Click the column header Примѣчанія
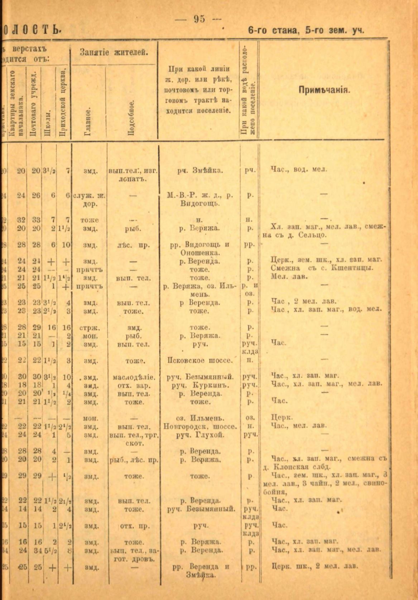pos(324,90)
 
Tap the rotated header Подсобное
pos(131,118)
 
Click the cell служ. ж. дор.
pos(90,199)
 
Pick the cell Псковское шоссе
pos(200,360)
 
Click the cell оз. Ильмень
pos(200,418)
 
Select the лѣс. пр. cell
pos(133,246)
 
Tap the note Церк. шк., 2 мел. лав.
pos(315,566)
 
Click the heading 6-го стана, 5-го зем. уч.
pos(306,31)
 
